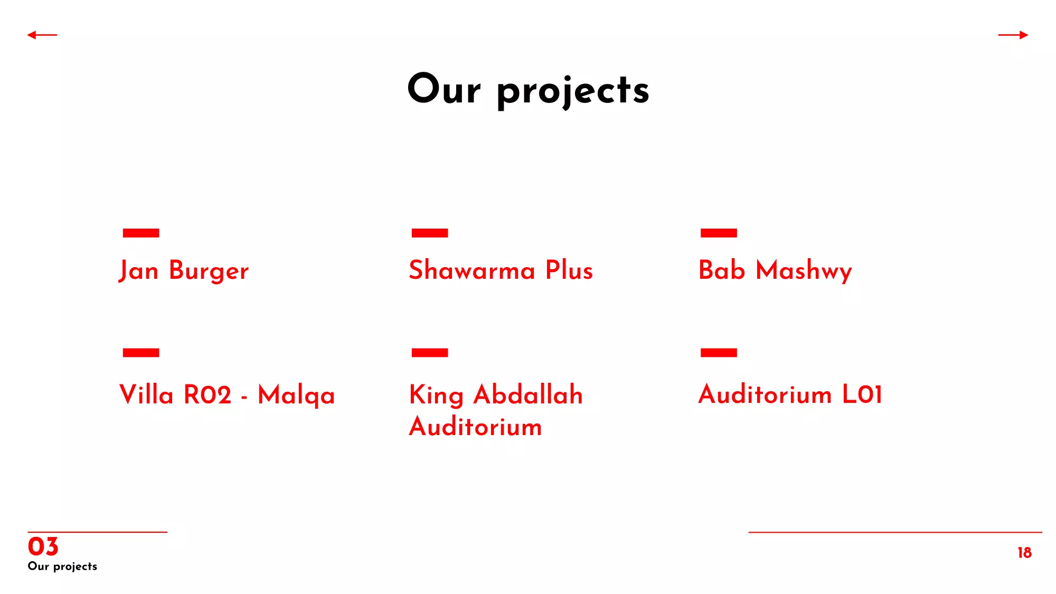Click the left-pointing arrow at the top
coord(42,35)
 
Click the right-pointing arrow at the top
coord(1013,35)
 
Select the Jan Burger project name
coord(184,270)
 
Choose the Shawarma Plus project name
coord(501,270)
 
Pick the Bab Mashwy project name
coord(775,270)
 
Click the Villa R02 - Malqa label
coord(227,395)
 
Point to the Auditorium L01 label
coord(790,394)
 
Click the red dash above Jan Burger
coord(141,233)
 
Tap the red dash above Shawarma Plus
coord(430,233)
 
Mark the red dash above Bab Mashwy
coord(719,233)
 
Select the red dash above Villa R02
coord(141,353)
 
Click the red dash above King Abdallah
coord(430,353)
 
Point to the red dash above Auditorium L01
coord(719,353)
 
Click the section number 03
coord(43,546)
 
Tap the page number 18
coord(1025,552)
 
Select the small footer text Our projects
coord(62,567)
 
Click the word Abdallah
coord(528,394)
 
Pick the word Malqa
coord(297,396)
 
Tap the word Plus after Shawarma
coord(569,270)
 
